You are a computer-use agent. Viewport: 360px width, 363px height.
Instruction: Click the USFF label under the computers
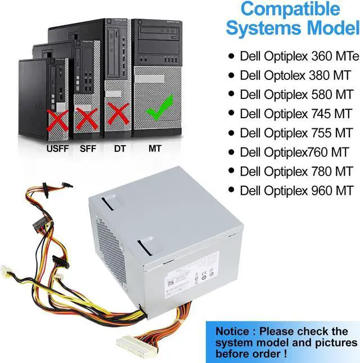[x=57, y=150]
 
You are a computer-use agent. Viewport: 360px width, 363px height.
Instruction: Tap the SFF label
[x=87, y=150]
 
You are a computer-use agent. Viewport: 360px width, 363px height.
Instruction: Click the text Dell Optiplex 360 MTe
[x=299, y=56]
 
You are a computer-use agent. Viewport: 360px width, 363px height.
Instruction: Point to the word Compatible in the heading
[x=290, y=10]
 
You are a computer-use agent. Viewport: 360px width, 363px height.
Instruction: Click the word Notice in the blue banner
[x=236, y=331]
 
